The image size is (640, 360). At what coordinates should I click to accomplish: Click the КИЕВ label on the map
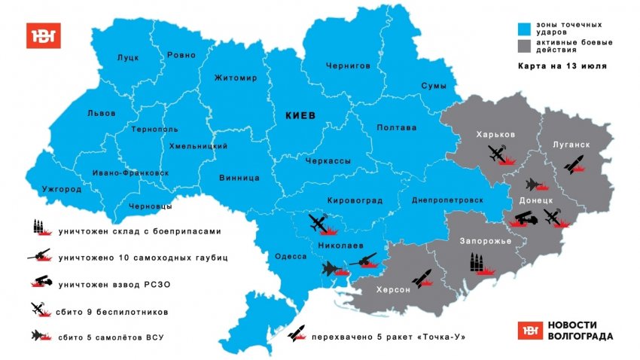coord(300,115)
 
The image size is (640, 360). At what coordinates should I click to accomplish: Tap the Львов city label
coord(102,113)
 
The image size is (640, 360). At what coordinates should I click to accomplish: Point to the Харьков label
coord(495,134)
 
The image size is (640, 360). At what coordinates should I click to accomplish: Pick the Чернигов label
coord(348,66)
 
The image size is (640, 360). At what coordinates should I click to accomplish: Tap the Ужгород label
coord(62,188)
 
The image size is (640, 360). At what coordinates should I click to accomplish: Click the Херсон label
coord(392,289)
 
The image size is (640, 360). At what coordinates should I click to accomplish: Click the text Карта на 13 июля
coord(562,66)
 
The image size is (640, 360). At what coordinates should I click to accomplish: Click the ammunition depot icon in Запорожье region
coord(477,262)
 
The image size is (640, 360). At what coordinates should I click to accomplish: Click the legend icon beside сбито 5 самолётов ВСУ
coord(39,336)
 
